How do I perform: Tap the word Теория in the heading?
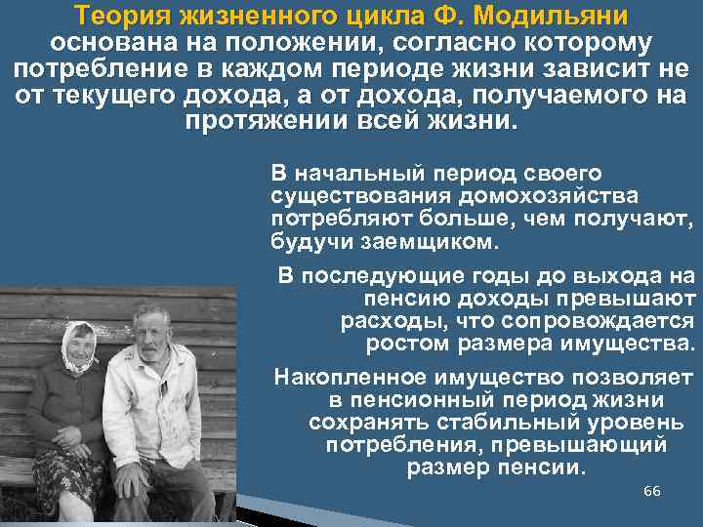tap(122, 18)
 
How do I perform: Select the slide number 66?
tap(652, 490)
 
